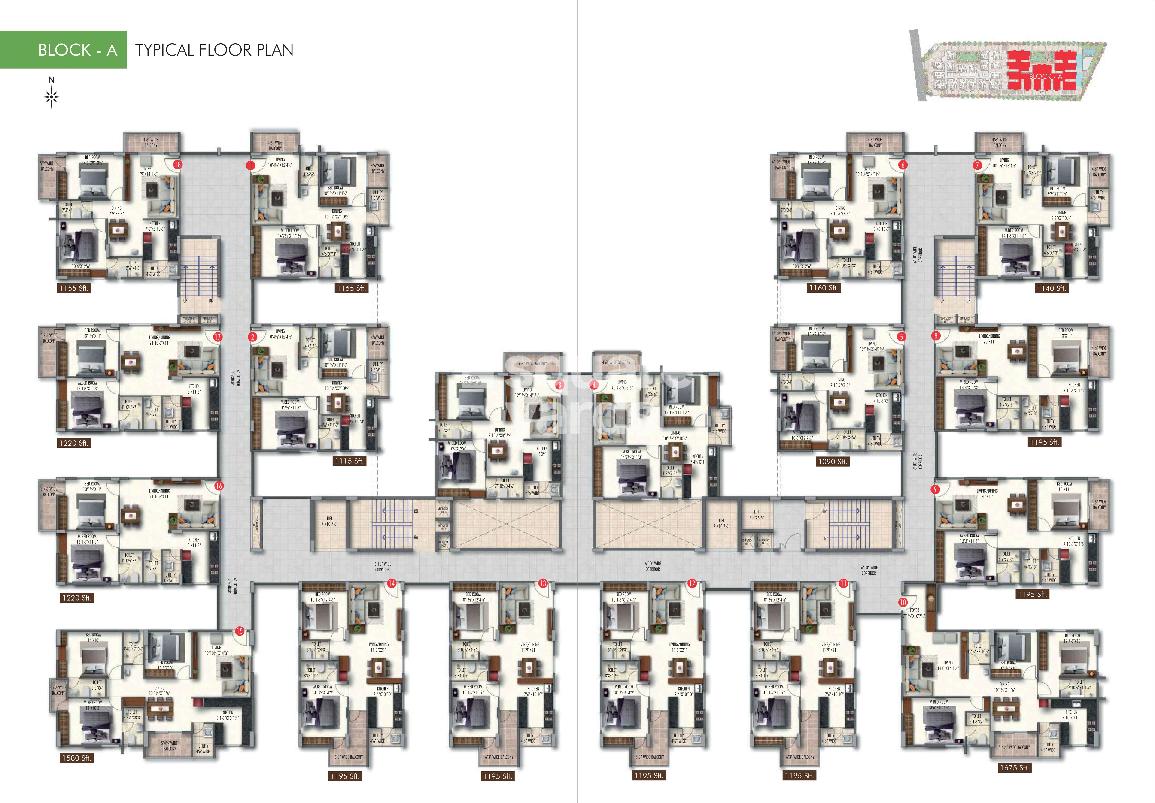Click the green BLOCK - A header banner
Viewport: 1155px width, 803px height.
63,50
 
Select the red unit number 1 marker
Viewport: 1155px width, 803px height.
250,165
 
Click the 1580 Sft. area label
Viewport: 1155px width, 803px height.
76,758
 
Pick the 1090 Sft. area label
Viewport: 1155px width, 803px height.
832,461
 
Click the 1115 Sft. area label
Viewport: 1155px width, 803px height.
349,461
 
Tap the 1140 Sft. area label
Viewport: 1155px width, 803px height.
1051,288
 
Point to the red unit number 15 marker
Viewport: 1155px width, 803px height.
240,631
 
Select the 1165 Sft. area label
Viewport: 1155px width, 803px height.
351,288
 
